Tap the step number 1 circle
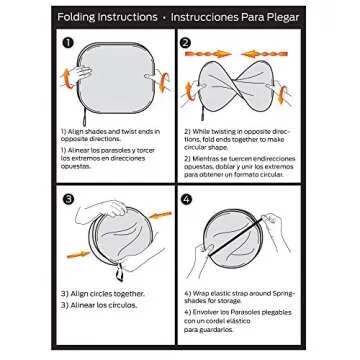pos(68,44)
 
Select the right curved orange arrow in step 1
pos(158,72)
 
